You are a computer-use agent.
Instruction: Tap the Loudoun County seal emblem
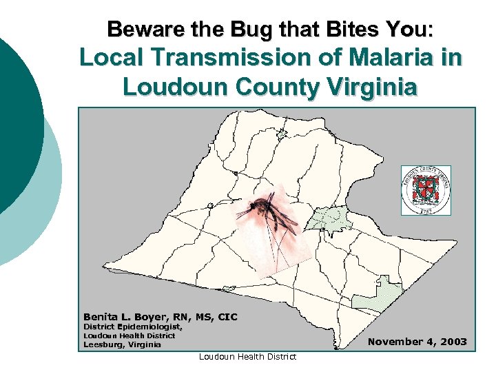pos(426,190)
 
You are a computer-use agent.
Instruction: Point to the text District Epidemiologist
pos(133,327)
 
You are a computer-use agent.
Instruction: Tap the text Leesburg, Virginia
pos(122,344)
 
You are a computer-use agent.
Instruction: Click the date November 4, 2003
pos(417,342)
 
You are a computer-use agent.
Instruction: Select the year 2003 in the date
pos(453,342)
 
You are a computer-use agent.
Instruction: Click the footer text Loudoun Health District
pos(247,356)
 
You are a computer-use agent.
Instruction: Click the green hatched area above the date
pos(375,296)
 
